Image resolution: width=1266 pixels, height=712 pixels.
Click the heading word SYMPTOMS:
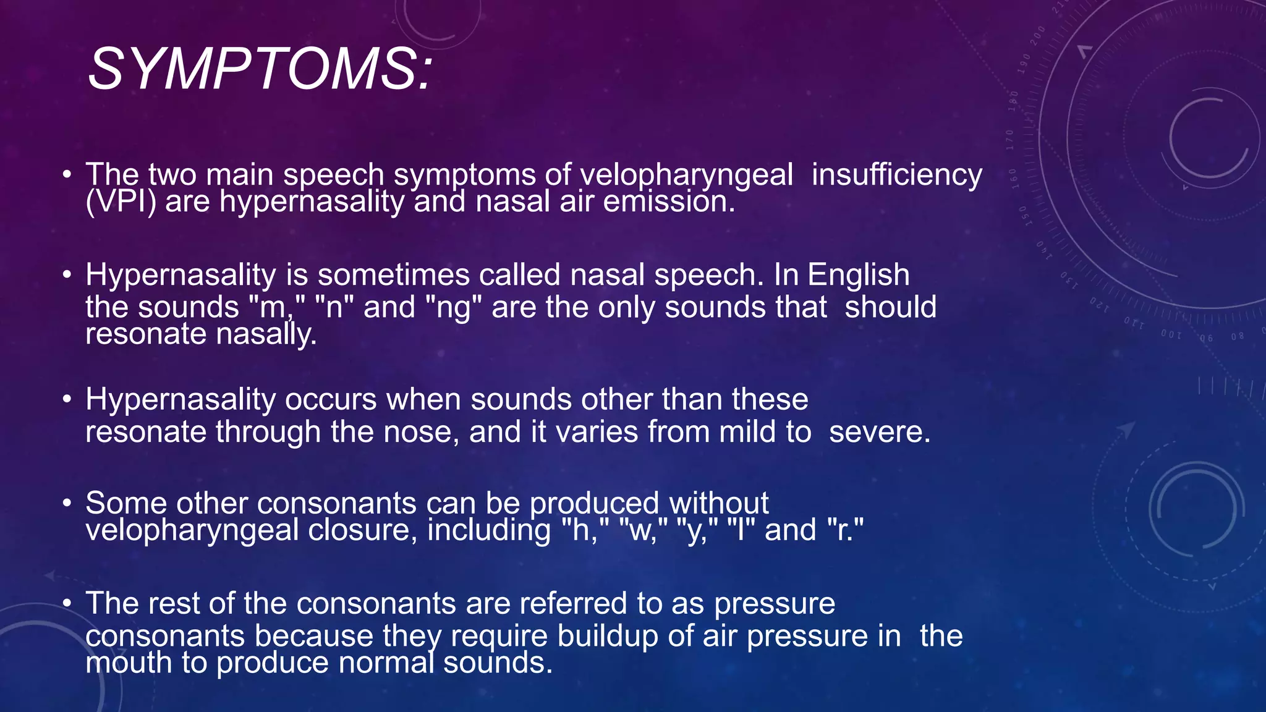coord(260,69)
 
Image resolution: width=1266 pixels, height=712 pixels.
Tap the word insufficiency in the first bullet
coord(896,175)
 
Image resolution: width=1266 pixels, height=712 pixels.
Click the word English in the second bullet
coord(858,275)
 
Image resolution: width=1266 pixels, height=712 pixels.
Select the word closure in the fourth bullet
coord(362,530)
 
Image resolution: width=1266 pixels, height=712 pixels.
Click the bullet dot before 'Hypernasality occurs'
coord(67,400)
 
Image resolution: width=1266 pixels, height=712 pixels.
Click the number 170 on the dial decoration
coord(1009,140)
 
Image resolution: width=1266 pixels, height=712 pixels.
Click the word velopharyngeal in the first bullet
coord(686,175)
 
